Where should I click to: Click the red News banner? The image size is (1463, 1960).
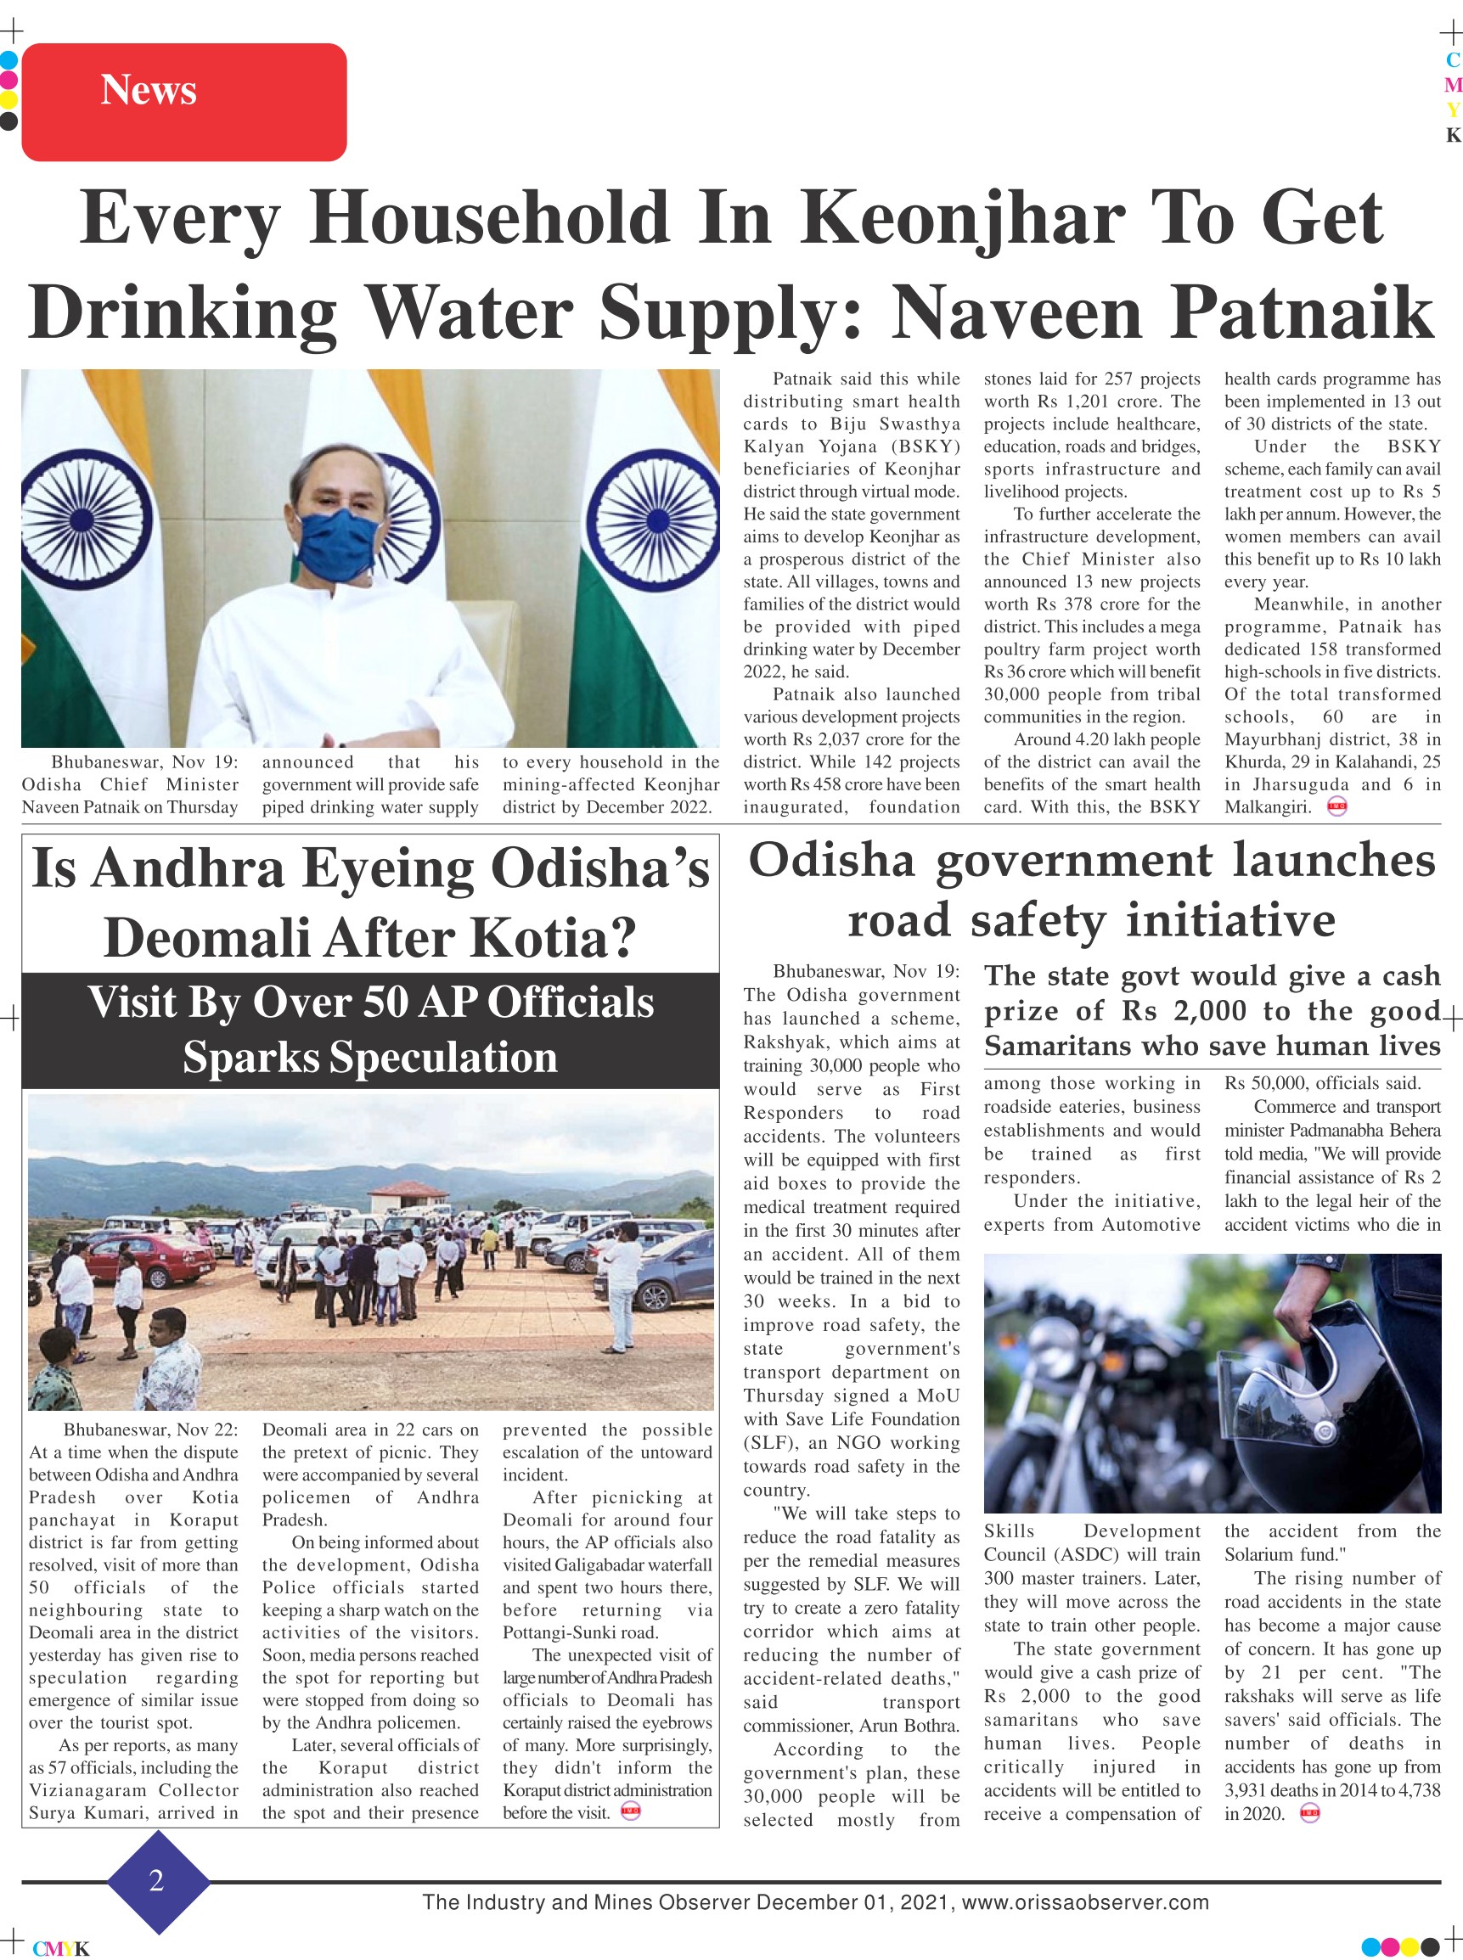tap(183, 102)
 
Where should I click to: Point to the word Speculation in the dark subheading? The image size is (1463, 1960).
tap(370, 1057)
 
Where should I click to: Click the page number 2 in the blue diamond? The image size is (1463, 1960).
tap(157, 1879)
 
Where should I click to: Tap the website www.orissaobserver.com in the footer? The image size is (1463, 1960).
tap(1085, 1902)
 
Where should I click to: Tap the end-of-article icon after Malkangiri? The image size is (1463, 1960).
tap(1336, 807)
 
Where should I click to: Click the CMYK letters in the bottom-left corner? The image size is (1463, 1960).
tap(61, 1948)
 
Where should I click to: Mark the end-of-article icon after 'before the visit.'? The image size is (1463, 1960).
tap(631, 1811)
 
